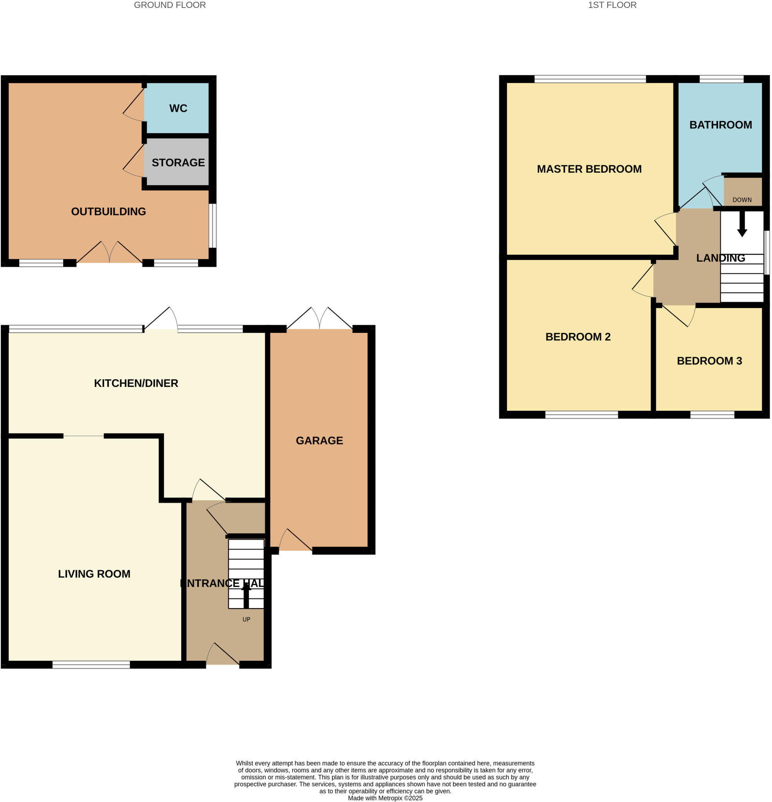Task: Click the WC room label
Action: point(178,108)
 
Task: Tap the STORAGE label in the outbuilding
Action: point(178,163)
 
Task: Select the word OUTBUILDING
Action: point(108,211)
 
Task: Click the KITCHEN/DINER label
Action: point(136,383)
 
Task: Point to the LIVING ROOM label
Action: point(94,574)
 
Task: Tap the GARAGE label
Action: point(319,440)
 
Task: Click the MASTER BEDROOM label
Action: point(589,169)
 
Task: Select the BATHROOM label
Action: point(720,125)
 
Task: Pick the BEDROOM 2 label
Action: point(578,337)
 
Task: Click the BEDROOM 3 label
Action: point(709,361)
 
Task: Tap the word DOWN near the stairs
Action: point(742,200)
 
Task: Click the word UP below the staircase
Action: point(246,620)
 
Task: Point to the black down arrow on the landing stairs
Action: point(742,225)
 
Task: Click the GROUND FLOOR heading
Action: point(170,5)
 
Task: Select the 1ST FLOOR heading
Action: point(611,5)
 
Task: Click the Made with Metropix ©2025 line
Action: point(385,798)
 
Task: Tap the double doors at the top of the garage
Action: point(319,320)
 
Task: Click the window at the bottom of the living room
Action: point(91,665)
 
